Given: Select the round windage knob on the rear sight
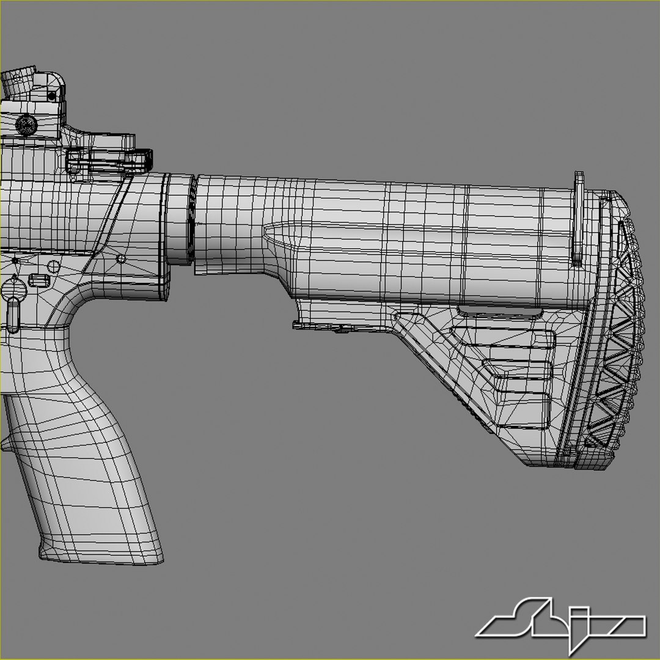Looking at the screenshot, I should [x=26, y=125].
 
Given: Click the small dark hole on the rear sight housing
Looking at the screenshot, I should [x=51, y=96].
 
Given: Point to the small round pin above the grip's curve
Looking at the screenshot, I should [x=121, y=259].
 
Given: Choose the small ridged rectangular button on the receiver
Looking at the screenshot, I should [x=38, y=280].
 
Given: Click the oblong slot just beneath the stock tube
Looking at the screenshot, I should [x=500, y=313].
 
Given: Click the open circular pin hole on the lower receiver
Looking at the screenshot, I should [x=54, y=266].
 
